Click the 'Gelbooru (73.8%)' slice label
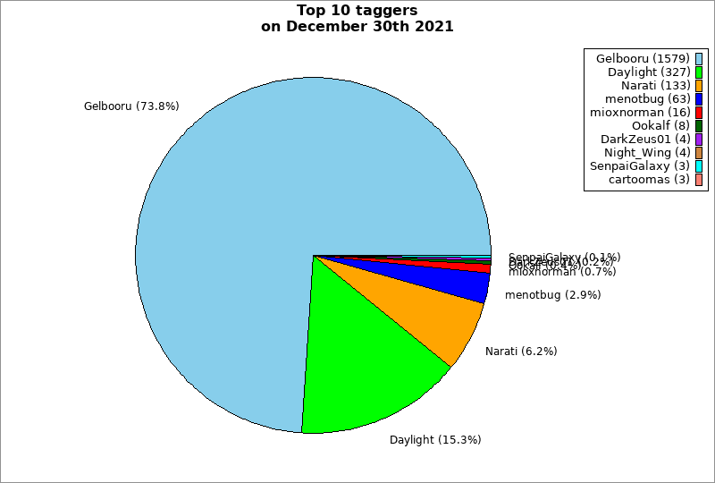(x=131, y=106)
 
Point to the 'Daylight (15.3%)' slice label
(x=435, y=440)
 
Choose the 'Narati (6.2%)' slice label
(x=521, y=352)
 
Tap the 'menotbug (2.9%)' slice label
(x=552, y=295)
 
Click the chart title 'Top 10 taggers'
(x=357, y=11)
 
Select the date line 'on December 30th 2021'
(x=357, y=27)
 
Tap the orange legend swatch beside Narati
(x=699, y=86)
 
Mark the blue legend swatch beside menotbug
(x=699, y=99)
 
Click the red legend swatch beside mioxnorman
(x=699, y=113)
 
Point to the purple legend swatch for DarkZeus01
(x=699, y=140)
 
